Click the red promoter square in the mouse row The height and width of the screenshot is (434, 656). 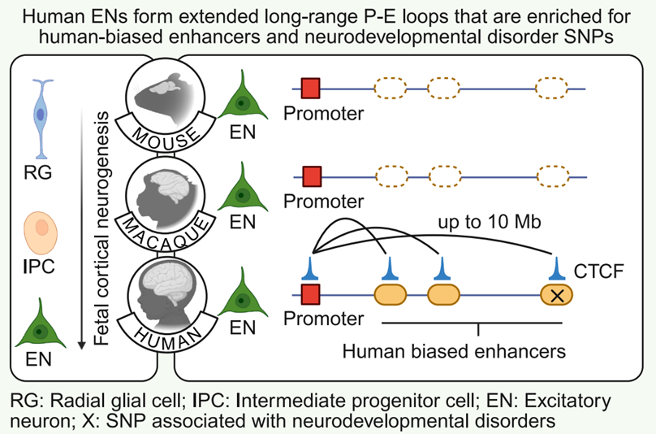[x=310, y=89]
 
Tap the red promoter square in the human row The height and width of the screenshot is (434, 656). [x=310, y=294]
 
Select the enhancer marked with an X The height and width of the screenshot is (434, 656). [x=556, y=295]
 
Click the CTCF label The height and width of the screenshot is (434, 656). [x=598, y=271]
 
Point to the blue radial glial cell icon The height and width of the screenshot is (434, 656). [x=41, y=119]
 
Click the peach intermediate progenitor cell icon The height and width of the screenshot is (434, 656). [x=41, y=233]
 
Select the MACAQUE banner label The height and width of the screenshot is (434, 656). [x=166, y=233]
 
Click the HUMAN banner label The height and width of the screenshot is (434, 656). [x=167, y=337]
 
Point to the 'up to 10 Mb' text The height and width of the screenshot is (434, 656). [x=490, y=222]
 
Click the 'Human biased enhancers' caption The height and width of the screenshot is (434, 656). [x=454, y=351]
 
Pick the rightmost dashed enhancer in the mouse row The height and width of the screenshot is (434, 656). [x=552, y=88]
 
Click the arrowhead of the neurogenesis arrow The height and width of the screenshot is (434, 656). [x=82, y=345]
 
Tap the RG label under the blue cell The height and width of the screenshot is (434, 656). [x=37, y=172]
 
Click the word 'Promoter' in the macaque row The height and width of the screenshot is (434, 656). [x=323, y=202]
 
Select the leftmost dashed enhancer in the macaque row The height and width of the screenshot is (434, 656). [x=391, y=176]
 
